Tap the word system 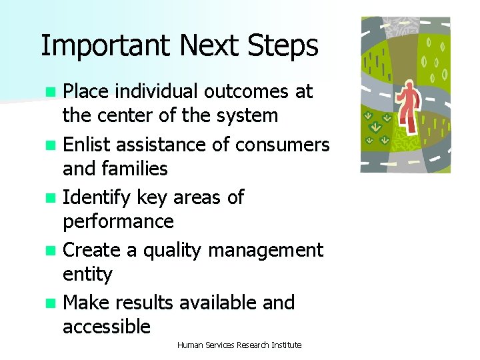click(x=247, y=115)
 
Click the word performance click(x=118, y=221)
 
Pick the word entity click(x=87, y=274)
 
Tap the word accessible click(x=107, y=327)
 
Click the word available click(x=218, y=303)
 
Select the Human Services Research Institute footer click(x=239, y=345)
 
